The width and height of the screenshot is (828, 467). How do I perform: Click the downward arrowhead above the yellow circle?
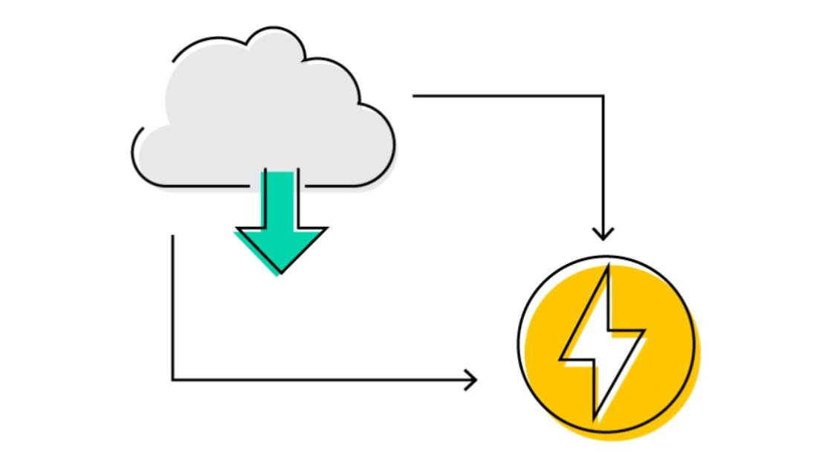(603, 234)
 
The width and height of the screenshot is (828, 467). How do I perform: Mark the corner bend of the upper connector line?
(603, 96)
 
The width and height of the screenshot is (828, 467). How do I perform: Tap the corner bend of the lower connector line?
(172, 380)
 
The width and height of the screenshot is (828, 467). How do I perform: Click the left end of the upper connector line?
(415, 96)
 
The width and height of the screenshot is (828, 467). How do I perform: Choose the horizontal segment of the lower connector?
(320, 380)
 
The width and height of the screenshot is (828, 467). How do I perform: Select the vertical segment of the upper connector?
(603, 164)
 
